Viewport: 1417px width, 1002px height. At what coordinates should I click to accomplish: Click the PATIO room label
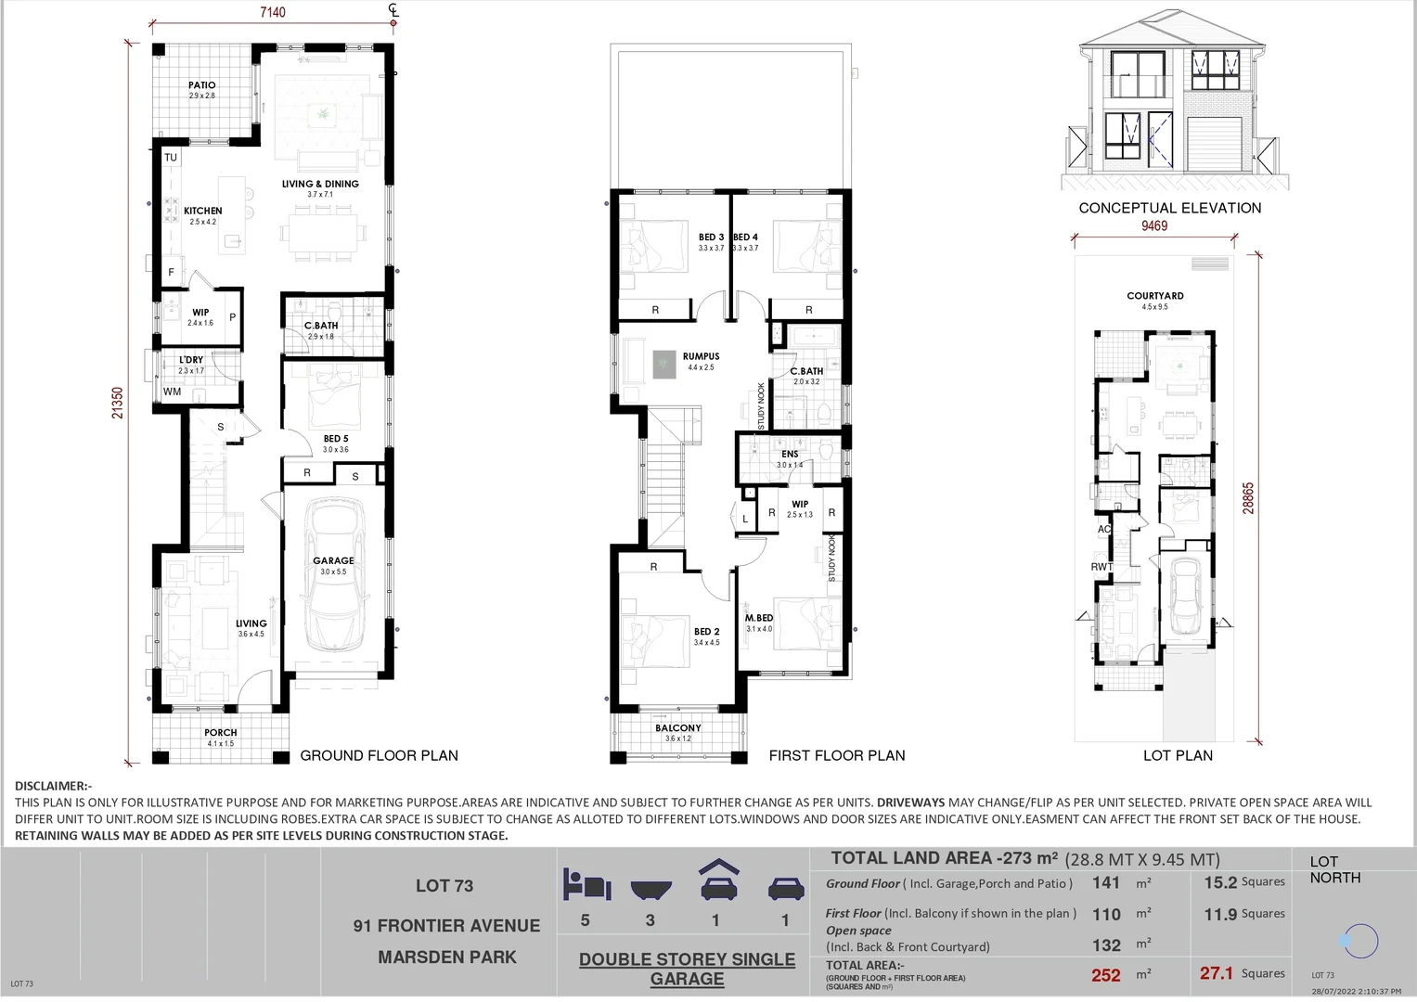click(x=201, y=85)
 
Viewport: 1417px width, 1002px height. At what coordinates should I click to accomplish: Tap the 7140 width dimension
click(x=273, y=12)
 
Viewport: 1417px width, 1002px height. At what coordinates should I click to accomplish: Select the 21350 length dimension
click(x=118, y=403)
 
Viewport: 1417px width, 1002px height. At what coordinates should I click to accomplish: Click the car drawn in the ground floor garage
click(x=334, y=575)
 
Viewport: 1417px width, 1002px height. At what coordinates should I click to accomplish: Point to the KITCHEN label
click(x=202, y=211)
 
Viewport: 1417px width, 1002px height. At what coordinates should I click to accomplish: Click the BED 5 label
click(x=336, y=439)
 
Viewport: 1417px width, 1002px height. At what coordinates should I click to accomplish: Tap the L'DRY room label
click(x=191, y=360)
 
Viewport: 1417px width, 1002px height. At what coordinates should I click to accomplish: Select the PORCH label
click(x=221, y=732)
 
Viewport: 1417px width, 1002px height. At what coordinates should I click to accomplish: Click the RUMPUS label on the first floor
click(x=701, y=356)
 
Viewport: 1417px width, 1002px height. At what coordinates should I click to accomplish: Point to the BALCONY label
click(x=678, y=728)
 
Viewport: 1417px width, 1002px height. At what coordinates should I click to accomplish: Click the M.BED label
click(x=759, y=618)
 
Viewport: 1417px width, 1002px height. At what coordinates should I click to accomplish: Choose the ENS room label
click(x=790, y=455)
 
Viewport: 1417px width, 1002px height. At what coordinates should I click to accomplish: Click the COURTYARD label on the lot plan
click(x=1155, y=296)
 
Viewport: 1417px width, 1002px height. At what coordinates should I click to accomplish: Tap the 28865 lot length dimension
click(x=1248, y=497)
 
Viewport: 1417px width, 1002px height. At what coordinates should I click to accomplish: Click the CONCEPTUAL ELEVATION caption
click(x=1170, y=208)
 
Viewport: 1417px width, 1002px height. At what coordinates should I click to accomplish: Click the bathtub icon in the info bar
click(x=651, y=890)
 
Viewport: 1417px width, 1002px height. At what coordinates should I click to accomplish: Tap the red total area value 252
click(x=1105, y=975)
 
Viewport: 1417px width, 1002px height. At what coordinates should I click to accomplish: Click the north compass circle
click(x=1360, y=941)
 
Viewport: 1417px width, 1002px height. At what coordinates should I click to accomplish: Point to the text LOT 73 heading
click(x=444, y=886)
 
